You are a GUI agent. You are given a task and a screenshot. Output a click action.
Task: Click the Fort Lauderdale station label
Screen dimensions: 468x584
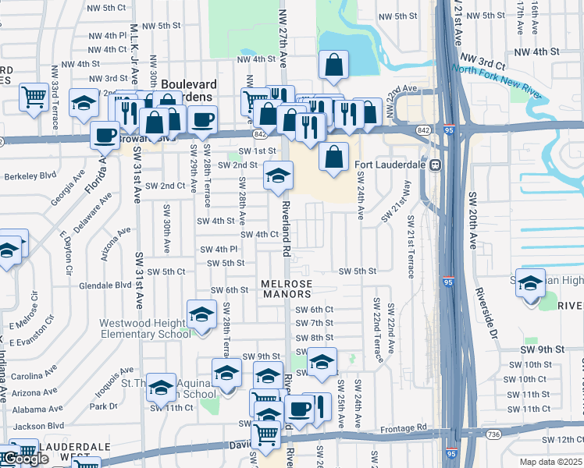coord(392,165)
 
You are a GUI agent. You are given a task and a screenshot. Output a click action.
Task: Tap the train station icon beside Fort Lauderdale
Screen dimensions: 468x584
coord(437,165)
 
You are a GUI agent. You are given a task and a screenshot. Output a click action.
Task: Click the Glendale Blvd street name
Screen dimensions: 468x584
coord(105,285)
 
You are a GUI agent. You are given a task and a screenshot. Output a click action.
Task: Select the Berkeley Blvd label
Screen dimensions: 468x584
coord(27,177)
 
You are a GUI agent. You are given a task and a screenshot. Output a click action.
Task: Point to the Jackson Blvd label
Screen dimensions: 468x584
coord(39,426)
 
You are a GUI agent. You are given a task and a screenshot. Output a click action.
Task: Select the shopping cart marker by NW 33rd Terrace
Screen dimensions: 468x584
coord(34,97)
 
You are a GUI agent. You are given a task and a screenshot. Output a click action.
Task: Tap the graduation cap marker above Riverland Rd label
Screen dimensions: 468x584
coord(276,176)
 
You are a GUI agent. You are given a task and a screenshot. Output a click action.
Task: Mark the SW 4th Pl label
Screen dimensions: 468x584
coord(219,249)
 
